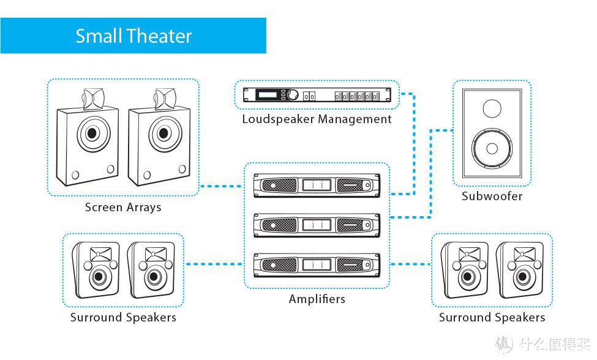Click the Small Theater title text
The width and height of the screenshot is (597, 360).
pyautogui.click(x=133, y=36)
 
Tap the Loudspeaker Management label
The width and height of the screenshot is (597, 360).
pyautogui.click(x=317, y=119)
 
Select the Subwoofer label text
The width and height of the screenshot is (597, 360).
pyautogui.click(x=492, y=196)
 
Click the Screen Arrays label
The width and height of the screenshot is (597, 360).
pyautogui.click(x=123, y=207)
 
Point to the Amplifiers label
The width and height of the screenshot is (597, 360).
pyautogui.click(x=317, y=299)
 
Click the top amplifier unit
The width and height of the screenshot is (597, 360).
pyautogui.click(x=317, y=186)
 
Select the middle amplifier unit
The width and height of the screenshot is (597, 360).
pyautogui.click(x=317, y=225)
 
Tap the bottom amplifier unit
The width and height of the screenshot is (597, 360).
pyautogui.click(x=317, y=265)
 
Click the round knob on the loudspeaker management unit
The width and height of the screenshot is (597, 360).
pyautogui.click(x=293, y=94)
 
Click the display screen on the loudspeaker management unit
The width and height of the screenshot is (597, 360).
pyautogui.click(x=267, y=94)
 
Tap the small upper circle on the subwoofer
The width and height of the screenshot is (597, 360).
pyautogui.click(x=492, y=108)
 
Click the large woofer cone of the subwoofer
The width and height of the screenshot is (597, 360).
pyautogui.click(x=492, y=148)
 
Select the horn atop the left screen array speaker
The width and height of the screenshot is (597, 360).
pyautogui.click(x=93, y=99)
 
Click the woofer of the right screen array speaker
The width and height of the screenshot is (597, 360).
pyautogui.click(x=164, y=133)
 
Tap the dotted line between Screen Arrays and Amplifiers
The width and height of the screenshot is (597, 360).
pyautogui.click(x=222, y=186)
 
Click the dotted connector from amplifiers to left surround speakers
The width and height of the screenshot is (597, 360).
pyautogui.click(x=214, y=264)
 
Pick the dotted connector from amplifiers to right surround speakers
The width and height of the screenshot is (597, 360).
pyautogui.click(x=410, y=264)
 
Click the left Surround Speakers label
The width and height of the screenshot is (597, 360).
pyautogui.click(x=123, y=317)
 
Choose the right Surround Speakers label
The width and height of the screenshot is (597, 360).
pyautogui.click(x=492, y=317)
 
